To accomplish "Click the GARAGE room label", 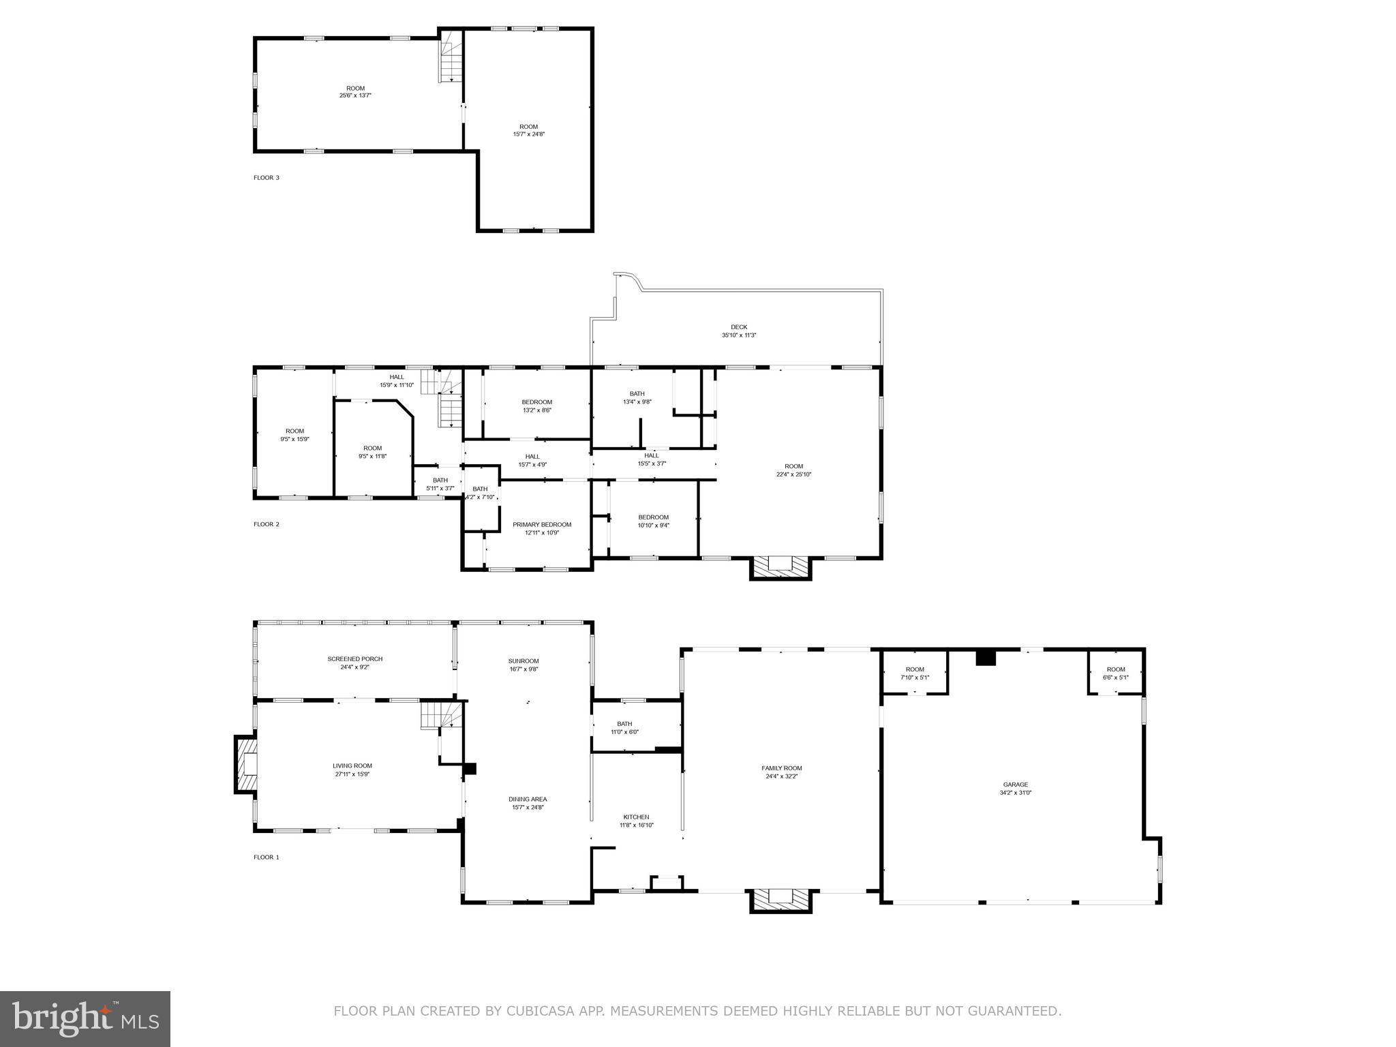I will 1015,785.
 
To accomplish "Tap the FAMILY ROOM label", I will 781,768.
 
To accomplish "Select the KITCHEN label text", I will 636,817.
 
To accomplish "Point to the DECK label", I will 739,327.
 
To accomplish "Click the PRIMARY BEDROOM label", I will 542,525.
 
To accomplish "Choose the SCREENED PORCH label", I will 354,659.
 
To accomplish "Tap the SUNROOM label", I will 523,661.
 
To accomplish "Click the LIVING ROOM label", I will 352,766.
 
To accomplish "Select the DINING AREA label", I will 528,800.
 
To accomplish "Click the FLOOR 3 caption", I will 267,178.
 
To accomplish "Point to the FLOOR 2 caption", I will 267,524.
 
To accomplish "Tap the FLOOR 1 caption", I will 267,858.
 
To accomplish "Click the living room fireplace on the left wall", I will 246,764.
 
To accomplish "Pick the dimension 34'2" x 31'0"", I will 1015,793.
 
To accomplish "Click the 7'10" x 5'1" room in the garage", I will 914,673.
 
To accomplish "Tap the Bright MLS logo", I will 85,1018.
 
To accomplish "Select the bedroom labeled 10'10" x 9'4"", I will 653,521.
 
